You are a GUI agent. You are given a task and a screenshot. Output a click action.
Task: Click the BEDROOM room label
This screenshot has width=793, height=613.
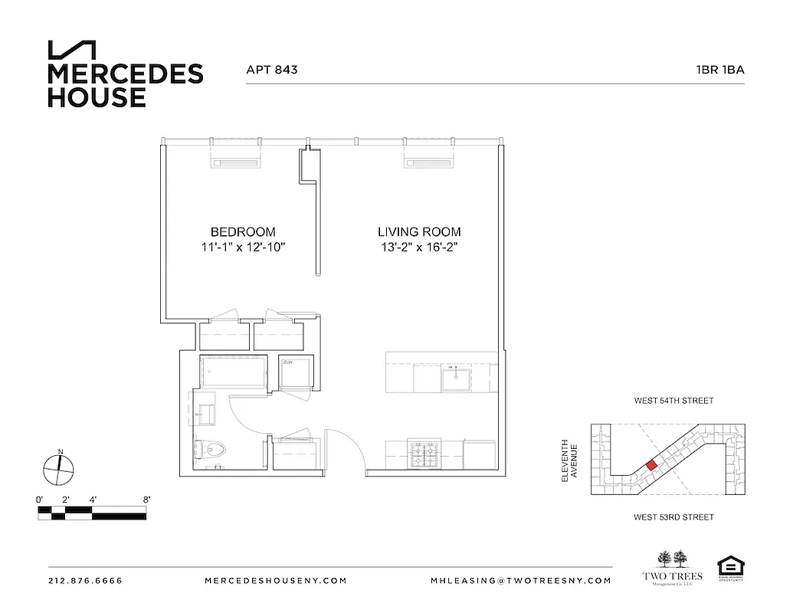tap(242, 231)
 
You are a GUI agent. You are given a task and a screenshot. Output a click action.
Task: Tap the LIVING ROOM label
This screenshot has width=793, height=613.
tap(419, 231)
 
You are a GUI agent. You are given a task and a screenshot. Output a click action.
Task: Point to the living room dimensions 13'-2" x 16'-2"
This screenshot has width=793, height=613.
tap(419, 247)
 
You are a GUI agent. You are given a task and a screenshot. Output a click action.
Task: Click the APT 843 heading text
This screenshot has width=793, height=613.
tap(271, 69)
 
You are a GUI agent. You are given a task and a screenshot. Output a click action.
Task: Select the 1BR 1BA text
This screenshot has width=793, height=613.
tap(720, 69)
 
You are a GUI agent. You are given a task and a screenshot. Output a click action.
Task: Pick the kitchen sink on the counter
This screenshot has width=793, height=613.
tap(457, 378)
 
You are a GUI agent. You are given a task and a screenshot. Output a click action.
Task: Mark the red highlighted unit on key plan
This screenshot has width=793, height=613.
tap(650, 465)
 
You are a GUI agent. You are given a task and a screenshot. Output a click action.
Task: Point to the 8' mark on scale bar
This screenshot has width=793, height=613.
tap(146, 500)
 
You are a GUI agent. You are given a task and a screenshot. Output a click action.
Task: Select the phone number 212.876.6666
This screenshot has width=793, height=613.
tap(84, 581)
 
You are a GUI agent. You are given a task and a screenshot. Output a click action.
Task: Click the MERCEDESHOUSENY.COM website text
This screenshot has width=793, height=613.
tap(276, 581)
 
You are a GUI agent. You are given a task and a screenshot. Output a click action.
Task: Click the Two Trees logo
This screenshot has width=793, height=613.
tap(670, 567)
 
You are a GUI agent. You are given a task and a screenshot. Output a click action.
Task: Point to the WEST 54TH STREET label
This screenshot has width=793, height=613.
tap(673, 401)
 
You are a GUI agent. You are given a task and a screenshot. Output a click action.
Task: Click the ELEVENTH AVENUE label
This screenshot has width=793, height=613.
tap(567, 460)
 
